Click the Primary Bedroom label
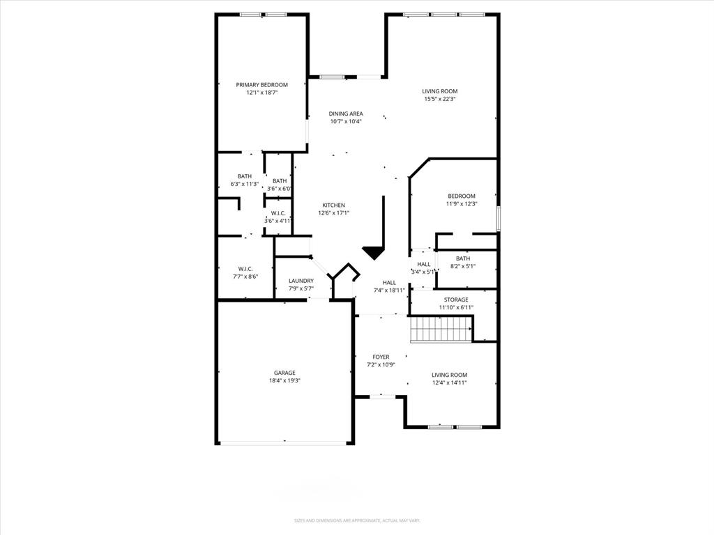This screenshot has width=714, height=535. coord(261,85)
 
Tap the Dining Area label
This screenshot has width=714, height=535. coord(346,114)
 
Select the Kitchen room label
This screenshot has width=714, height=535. coord(333,206)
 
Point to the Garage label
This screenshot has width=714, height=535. coord(284,373)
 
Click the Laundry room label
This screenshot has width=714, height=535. coord(301,281)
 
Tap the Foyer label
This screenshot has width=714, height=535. coord(381,357)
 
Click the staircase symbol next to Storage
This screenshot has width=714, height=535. coord(441,329)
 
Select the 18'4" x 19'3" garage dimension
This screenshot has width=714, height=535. coord(284,381)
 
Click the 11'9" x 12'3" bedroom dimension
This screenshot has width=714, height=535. coord(461,204)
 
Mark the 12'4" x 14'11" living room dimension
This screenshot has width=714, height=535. coord(449,382)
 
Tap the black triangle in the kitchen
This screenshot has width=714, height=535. coord(374,252)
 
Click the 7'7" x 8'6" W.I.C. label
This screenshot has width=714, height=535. coord(245,272)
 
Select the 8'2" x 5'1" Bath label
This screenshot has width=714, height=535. coord(463,263)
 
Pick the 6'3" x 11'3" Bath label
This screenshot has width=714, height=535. coord(245,180)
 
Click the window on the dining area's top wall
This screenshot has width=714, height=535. coord(332,76)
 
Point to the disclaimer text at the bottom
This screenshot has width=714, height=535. coord(356,520)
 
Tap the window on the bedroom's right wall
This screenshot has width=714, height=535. coord(498,217)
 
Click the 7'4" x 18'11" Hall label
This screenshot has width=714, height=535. coord(389,286)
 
